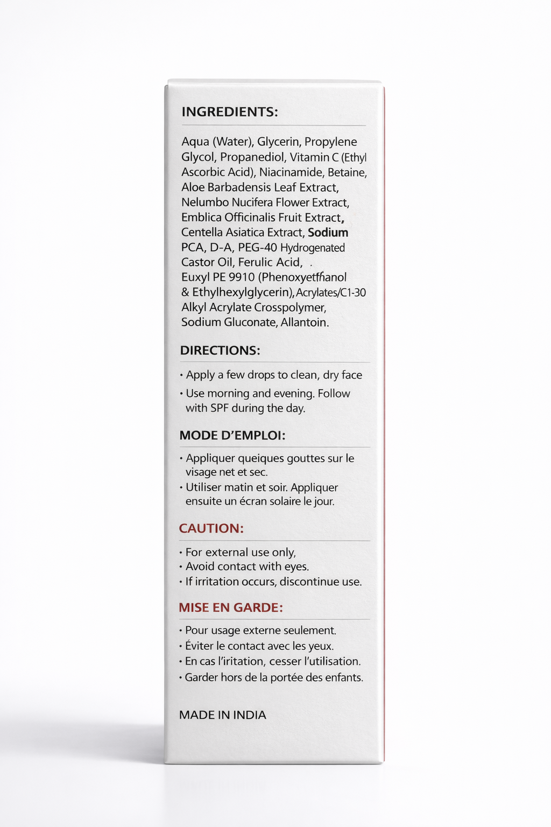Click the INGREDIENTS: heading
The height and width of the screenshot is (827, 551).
pyautogui.click(x=230, y=112)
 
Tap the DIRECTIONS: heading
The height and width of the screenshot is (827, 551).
pyautogui.click(x=220, y=351)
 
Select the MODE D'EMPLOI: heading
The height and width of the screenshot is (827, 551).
pyautogui.click(x=232, y=436)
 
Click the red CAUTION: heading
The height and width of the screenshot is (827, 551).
pyautogui.click(x=211, y=529)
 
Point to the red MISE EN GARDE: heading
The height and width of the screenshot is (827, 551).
pyautogui.click(x=231, y=608)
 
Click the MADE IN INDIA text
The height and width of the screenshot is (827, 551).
pyautogui.click(x=223, y=715)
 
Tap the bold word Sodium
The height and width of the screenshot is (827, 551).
pyautogui.click(x=328, y=233)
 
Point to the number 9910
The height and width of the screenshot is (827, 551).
pyautogui.click(x=242, y=277)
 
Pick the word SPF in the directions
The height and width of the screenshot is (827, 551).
pyautogui.click(x=220, y=408)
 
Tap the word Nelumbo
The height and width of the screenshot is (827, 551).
pyautogui.click(x=205, y=202)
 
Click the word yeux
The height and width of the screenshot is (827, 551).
pyautogui.click(x=321, y=646)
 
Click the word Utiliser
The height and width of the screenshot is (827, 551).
pyautogui.click(x=203, y=488)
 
